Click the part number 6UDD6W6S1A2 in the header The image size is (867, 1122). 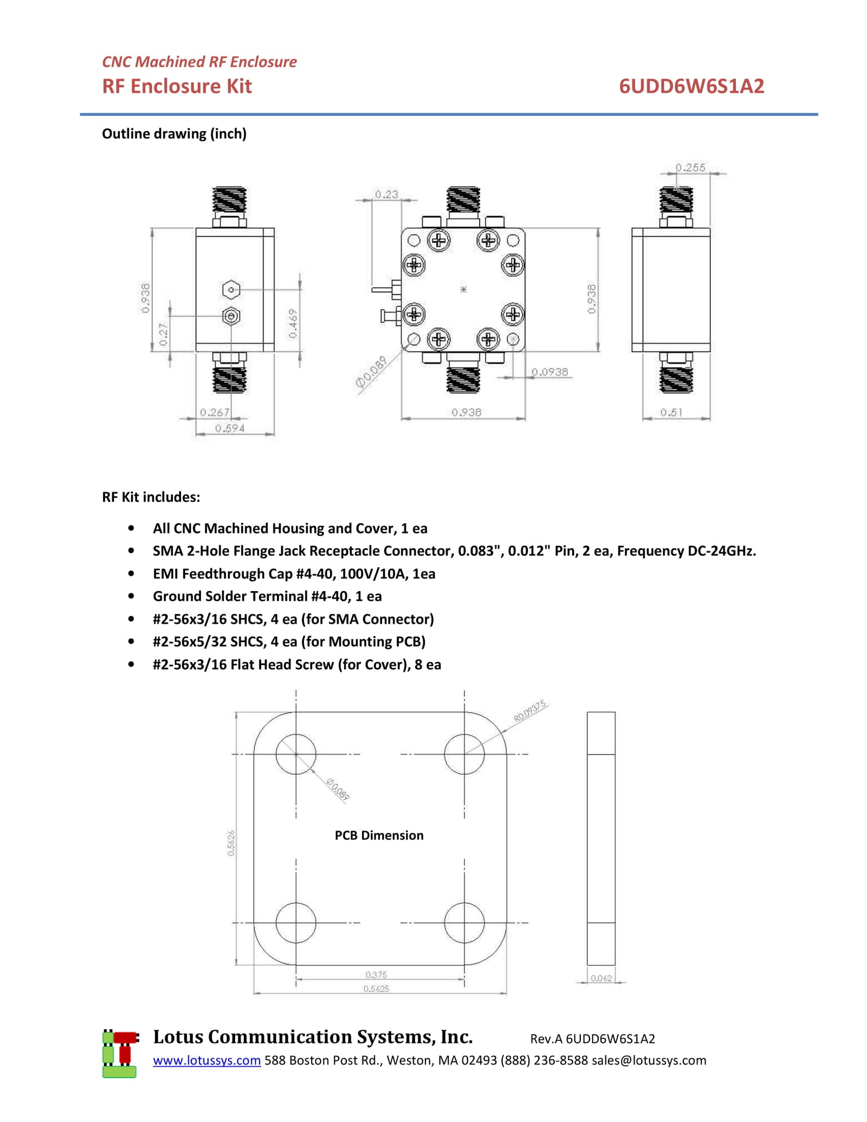(x=691, y=86)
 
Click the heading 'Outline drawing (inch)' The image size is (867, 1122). (x=174, y=134)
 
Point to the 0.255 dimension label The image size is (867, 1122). (x=690, y=167)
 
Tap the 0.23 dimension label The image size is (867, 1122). (x=386, y=194)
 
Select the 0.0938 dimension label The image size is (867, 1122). (x=549, y=372)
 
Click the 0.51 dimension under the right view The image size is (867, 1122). (x=671, y=412)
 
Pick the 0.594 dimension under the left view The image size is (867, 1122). (x=230, y=429)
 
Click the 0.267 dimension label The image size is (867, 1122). (x=215, y=412)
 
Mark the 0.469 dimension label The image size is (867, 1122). (x=293, y=323)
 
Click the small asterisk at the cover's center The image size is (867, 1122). (x=463, y=289)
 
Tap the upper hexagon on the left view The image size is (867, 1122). (x=231, y=290)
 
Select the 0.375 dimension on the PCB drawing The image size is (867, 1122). (x=376, y=975)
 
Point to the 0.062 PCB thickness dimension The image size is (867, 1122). (x=601, y=978)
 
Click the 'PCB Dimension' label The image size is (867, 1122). (x=379, y=835)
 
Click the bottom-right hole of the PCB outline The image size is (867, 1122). (x=464, y=923)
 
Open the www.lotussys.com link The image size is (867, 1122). (x=206, y=1060)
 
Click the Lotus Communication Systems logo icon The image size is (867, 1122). (x=120, y=1053)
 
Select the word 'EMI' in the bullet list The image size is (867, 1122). (x=165, y=574)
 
